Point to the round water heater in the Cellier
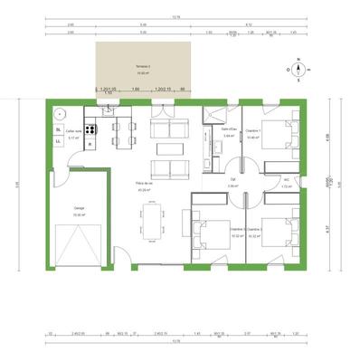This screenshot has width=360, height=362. (x=61, y=114)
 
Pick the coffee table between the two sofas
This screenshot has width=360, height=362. (x=165, y=148)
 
